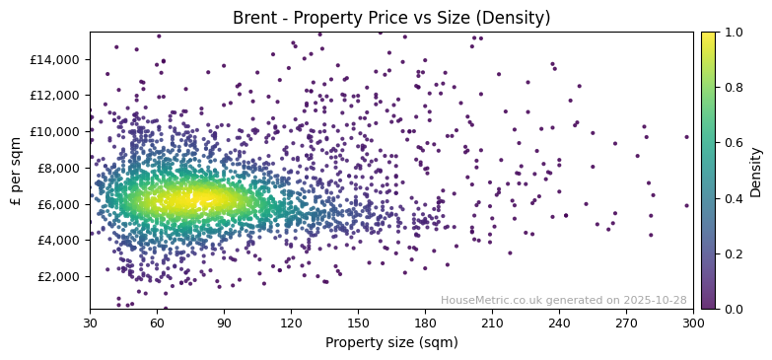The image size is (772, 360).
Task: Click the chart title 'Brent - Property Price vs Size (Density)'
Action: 391,18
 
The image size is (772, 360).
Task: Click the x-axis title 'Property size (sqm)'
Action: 391,342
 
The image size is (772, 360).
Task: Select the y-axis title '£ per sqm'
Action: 17,171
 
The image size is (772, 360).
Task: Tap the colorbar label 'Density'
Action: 756,171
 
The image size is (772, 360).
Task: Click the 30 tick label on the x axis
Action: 90,323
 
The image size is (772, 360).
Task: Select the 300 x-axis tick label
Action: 693,323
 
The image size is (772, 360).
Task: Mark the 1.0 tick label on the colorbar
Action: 734,32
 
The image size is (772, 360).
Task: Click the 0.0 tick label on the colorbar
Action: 734,309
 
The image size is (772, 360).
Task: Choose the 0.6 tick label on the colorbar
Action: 734,143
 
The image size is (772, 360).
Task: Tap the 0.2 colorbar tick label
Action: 734,253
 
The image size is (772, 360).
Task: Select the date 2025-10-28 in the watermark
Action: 656,300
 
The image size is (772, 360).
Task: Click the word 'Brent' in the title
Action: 252,18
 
